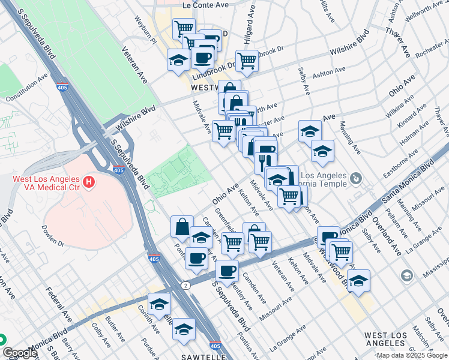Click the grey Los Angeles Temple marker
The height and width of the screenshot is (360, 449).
tap(357, 178)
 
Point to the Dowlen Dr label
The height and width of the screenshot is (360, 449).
tap(53, 236)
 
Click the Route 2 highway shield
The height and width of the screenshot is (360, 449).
tap(187, 284)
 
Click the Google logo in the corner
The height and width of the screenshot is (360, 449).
tap(20, 353)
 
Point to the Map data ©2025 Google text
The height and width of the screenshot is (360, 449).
tap(412, 355)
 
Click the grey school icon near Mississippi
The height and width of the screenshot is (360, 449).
tap(408, 275)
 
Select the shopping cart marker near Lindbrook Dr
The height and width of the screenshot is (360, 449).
tap(247, 59)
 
